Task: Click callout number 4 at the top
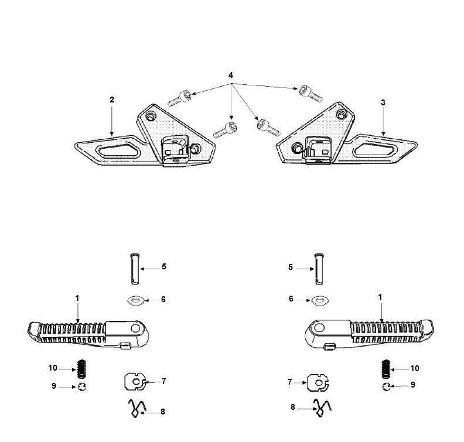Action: tap(231, 76)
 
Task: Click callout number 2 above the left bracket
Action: tap(111, 100)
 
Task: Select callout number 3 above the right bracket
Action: tap(383, 102)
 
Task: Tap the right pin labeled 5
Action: tap(319, 267)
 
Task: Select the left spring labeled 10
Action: tap(83, 369)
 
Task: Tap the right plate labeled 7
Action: tap(318, 383)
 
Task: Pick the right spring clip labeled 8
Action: tap(321, 407)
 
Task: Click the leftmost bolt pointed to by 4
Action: tap(180, 97)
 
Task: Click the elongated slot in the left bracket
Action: tap(117, 149)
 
